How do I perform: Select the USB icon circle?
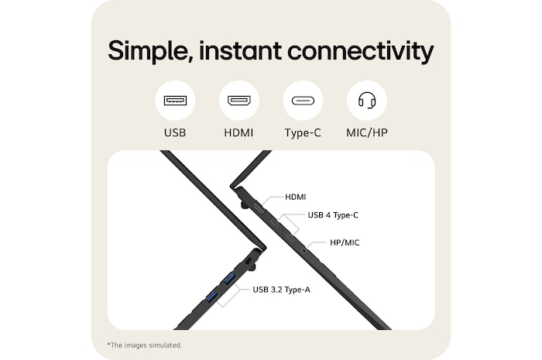tap(175, 101)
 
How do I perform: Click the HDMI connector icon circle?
tap(238, 101)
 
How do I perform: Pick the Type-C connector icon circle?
tap(302, 101)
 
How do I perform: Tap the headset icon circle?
tap(366, 101)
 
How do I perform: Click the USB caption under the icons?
tap(175, 133)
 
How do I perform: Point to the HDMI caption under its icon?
tap(238, 133)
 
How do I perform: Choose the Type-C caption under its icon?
tap(302, 133)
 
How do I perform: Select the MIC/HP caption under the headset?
tap(366, 133)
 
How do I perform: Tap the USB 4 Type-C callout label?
tap(333, 215)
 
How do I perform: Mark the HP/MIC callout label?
tap(345, 242)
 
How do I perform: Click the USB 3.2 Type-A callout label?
tap(281, 290)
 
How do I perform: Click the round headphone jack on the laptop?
tap(303, 249)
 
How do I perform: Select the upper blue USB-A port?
tap(229, 278)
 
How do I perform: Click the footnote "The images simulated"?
tap(145, 345)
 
